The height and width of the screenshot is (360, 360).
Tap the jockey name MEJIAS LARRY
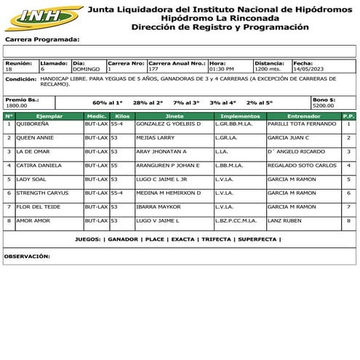pos(155,137)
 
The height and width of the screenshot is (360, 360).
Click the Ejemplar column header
pos(49,116)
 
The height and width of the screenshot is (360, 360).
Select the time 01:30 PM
pos(222,69)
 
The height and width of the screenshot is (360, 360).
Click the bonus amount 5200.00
pos(323,105)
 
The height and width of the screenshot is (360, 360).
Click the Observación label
pos(27,256)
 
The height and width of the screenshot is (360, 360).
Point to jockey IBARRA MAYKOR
pos(157,207)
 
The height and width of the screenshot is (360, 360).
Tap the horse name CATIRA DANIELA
pos(37,165)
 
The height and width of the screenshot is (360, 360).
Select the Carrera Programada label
pos(41,39)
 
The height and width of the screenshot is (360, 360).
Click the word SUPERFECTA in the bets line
pos(257,239)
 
